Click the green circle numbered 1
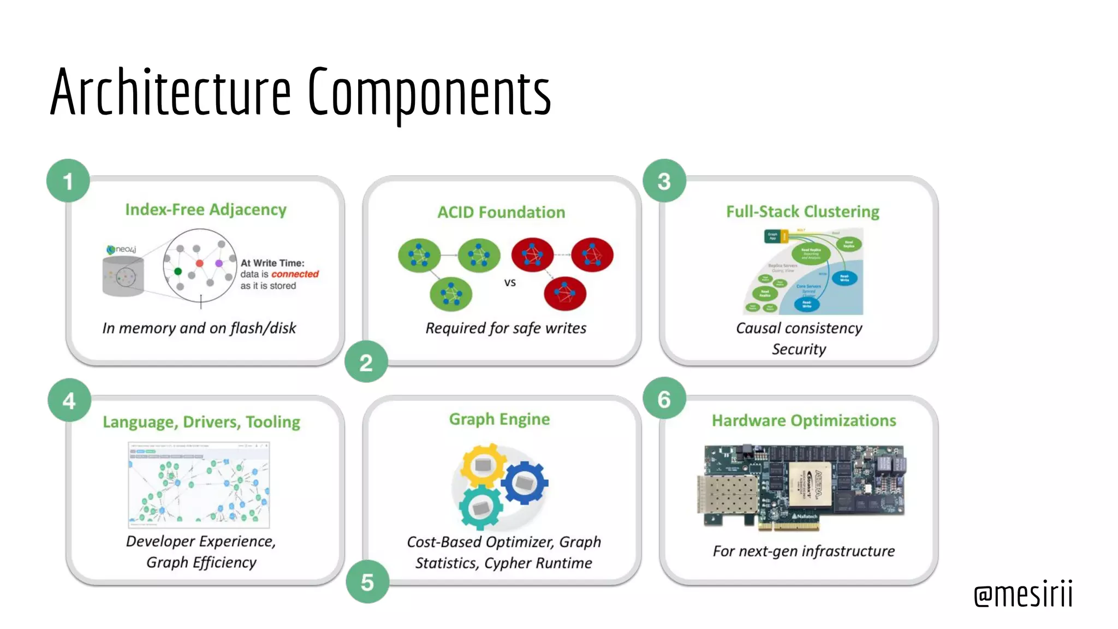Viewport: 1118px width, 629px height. (68, 181)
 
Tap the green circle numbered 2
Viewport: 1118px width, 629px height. (366, 362)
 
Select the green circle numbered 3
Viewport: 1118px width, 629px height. (664, 181)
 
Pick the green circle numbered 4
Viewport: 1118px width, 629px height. (69, 400)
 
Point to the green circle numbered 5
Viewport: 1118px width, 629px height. (367, 582)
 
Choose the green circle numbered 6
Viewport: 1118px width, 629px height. (664, 399)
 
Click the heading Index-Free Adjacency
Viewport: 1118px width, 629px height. (206, 210)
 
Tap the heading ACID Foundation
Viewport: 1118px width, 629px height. (501, 212)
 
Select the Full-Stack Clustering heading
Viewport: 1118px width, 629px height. (802, 211)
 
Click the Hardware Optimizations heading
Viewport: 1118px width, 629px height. (804, 420)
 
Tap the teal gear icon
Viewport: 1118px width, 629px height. (480, 507)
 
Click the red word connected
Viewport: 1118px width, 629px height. (295, 274)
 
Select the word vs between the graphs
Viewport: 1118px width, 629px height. (510, 282)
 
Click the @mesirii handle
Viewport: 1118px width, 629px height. (1023, 594)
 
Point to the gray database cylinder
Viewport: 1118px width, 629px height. (123, 276)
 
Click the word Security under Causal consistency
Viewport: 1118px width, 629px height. (799, 349)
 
